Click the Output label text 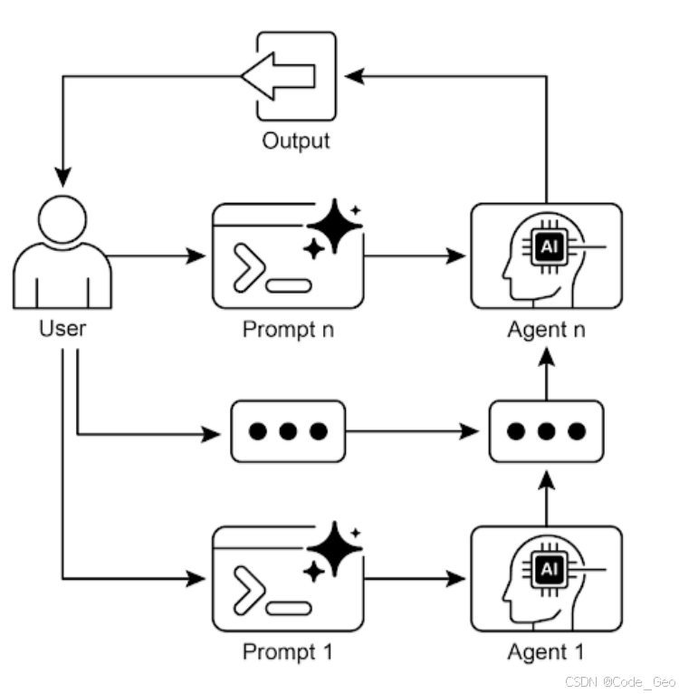[295, 140]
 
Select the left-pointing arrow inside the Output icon [278, 76]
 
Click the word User [62, 328]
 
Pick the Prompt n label [288, 328]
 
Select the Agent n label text [546, 328]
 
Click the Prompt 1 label [288, 651]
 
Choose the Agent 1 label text [546, 651]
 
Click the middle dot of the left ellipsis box [288, 431]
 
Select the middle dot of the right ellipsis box [546, 431]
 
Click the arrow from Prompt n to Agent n [416, 257]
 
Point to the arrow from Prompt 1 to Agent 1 [416, 580]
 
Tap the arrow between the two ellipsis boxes [416, 432]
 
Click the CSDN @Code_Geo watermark [620, 680]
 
